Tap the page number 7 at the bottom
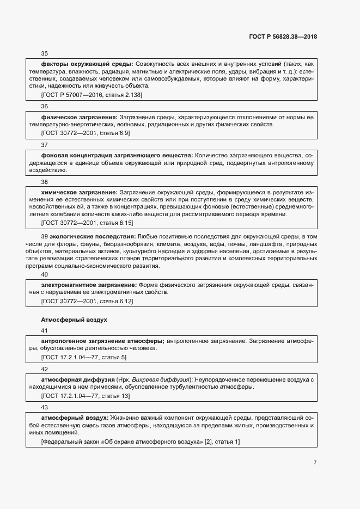315,463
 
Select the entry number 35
45,53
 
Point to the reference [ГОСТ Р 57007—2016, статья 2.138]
91,95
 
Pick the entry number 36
45,106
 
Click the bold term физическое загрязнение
79,117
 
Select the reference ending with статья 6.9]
85,132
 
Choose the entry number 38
45,181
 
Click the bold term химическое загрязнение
79,192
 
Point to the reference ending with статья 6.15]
87,223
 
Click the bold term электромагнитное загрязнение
89,285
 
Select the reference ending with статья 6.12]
87,301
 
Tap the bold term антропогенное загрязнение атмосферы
102,341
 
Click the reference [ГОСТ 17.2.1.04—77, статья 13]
86,395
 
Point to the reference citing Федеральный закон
140,441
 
